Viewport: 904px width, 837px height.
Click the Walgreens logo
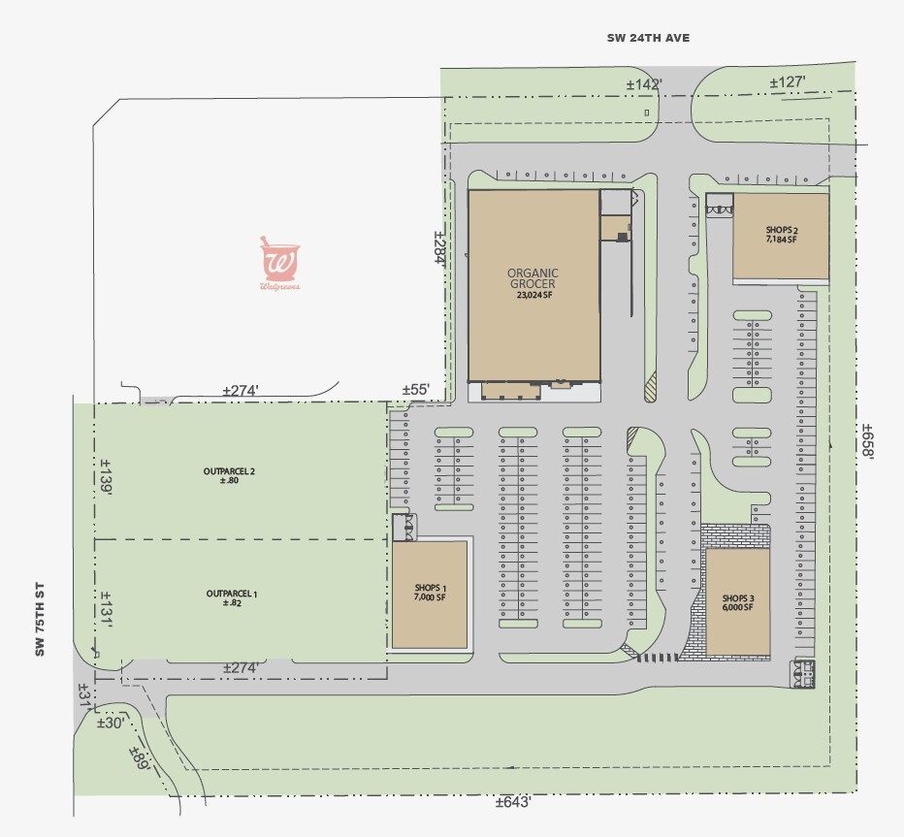click(279, 264)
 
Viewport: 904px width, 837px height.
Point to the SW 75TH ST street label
click(41, 621)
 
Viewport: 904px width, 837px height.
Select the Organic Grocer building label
click(533, 278)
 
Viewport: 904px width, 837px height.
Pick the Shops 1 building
click(429, 593)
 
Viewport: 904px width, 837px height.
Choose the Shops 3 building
click(737, 601)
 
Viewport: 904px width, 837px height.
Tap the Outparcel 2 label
click(229, 476)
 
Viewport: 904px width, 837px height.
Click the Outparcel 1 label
click(231, 597)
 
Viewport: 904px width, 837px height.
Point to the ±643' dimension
click(513, 802)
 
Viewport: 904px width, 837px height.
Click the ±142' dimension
click(643, 85)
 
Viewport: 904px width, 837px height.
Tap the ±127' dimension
click(788, 82)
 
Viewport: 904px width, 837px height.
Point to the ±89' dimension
click(140, 757)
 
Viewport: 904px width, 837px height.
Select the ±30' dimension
click(110, 723)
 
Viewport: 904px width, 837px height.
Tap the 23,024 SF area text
click(533, 297)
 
